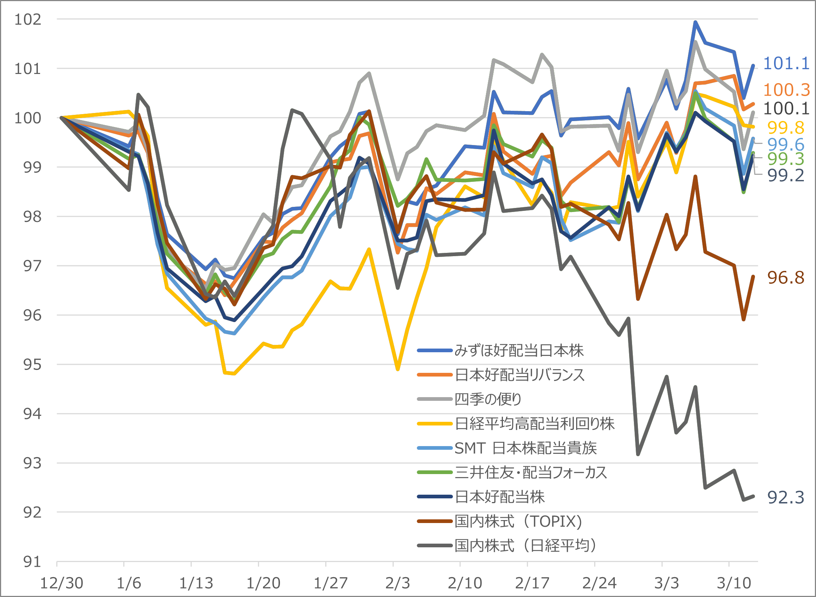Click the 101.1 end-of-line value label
[786, 63]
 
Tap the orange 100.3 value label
[786, 90]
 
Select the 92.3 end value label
[785, 497]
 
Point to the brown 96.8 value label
[785, 278]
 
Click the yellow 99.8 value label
[785, 128]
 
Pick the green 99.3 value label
[785, 159]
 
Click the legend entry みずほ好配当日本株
[519, 350]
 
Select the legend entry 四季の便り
[488, 399]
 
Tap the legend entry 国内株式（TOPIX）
[519, 521]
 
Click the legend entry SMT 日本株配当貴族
[525, 448]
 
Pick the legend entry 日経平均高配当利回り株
[534, 424]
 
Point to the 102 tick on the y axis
[28, 19]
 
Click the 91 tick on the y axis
[32, 562]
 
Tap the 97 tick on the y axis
[32, 266]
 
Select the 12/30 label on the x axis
[61, 583]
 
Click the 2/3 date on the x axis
[397, 583]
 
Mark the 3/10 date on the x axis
[734, 583]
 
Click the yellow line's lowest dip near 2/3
[398, 369]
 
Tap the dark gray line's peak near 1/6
[138, 95]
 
